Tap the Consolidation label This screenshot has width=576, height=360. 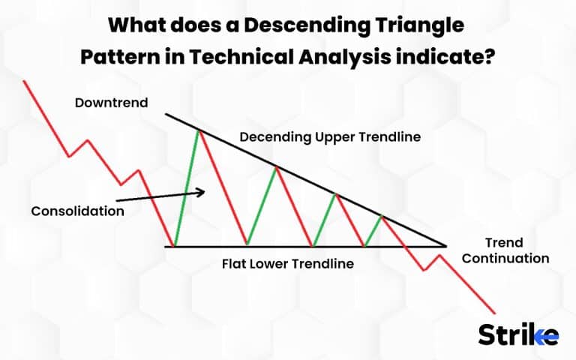[x=77, y=211]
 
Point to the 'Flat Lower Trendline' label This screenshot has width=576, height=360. [x=287, y=264]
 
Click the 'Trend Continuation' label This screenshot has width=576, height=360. [x=505, y=250]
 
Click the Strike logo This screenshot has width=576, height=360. [x=518, y=334]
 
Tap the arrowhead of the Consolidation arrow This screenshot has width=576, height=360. [x=200, y=193]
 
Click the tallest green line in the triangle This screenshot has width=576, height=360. [x=187, y=188]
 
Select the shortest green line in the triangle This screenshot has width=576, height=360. [x=373, y=231]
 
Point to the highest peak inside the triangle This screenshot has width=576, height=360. [x=199, y=131]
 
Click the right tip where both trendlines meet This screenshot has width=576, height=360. [x=446, y=246]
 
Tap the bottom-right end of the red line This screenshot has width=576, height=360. [x=495, y=313]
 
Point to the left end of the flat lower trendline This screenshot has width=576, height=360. [x=166, y=246]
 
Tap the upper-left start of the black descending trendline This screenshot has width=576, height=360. [x=166, y=114]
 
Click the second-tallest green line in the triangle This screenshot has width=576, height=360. [x=262, y=206]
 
